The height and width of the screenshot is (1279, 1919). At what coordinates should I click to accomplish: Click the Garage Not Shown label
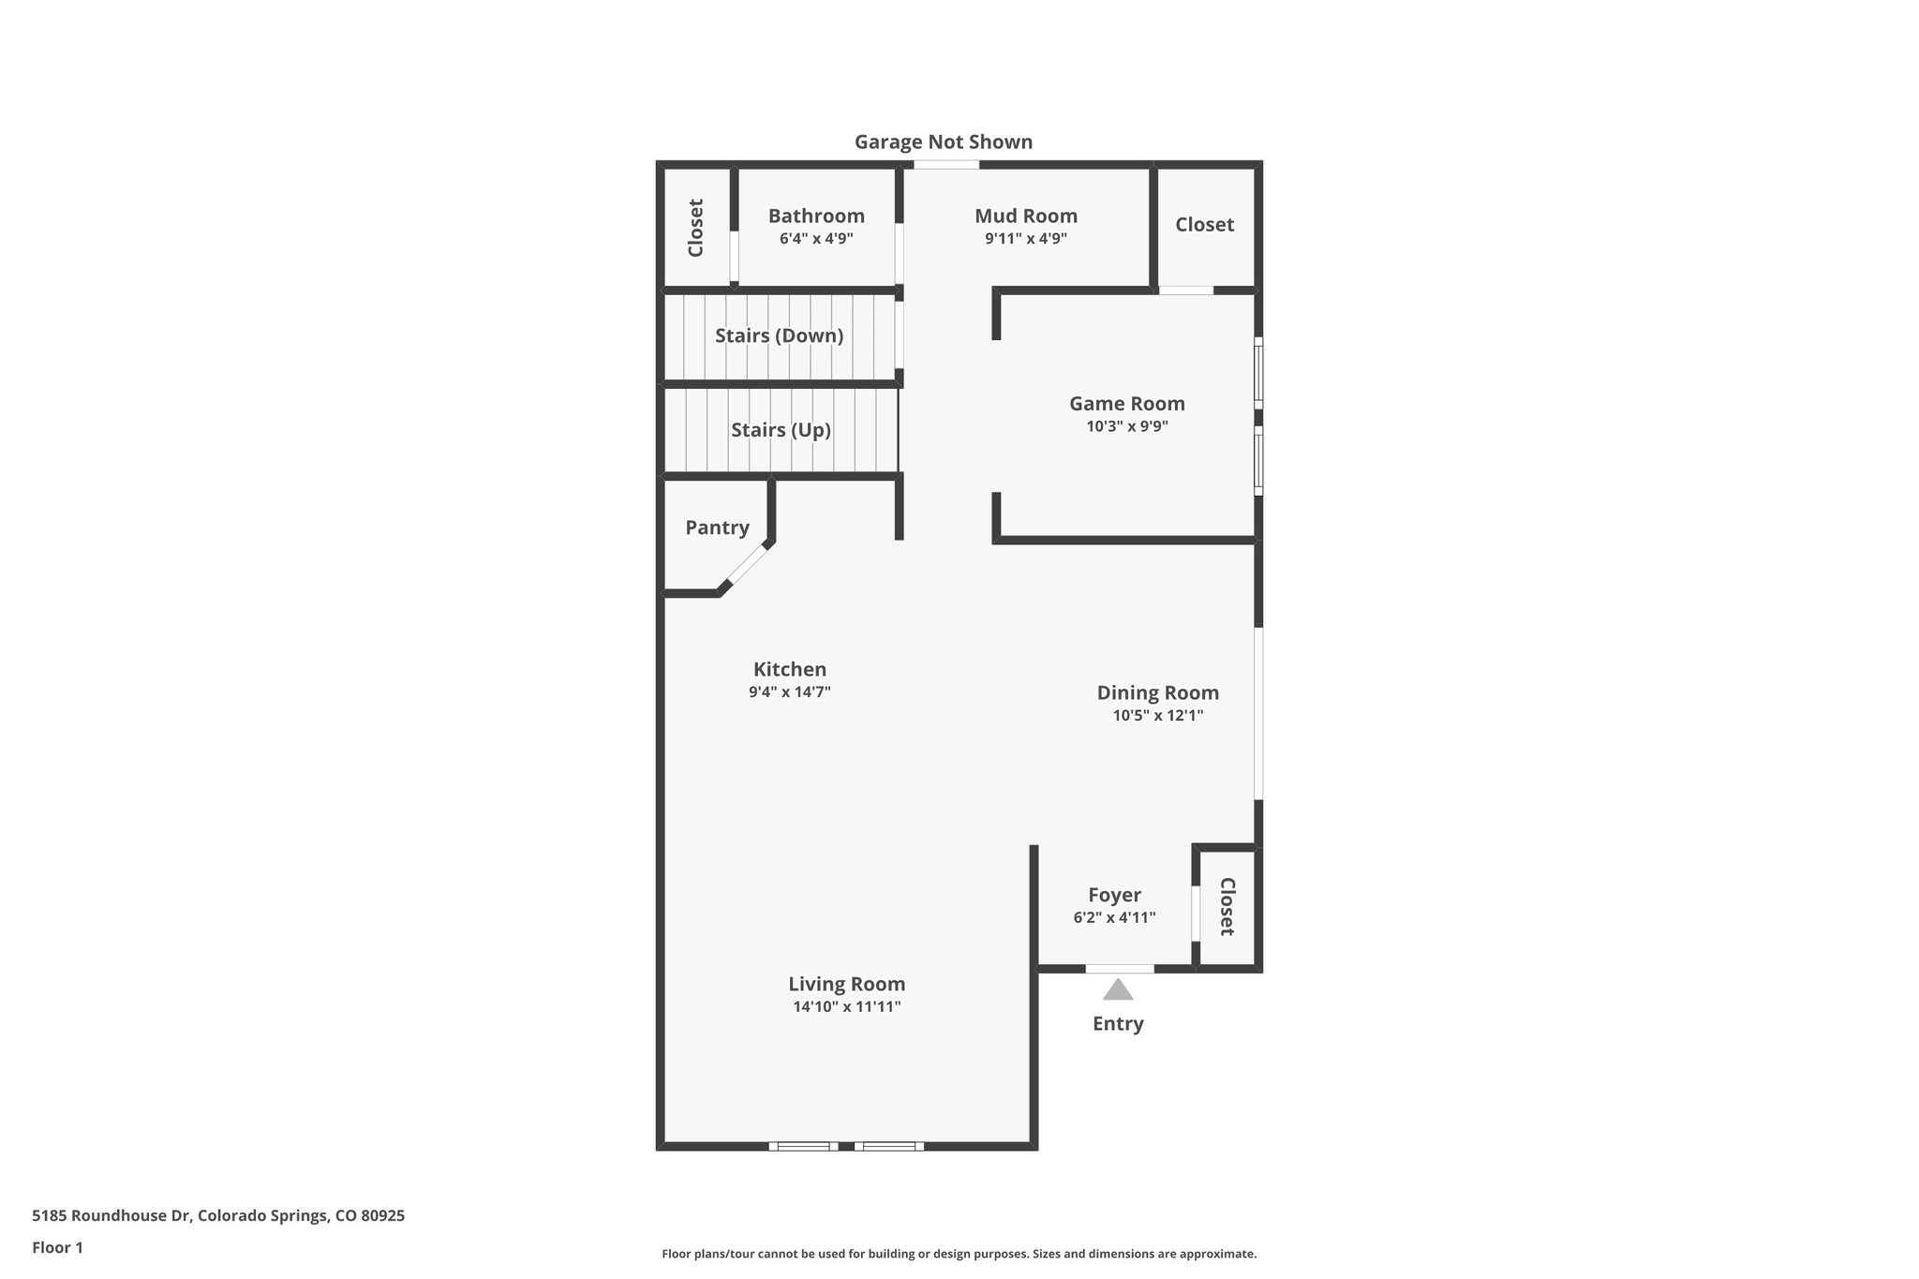(x=943, y=142)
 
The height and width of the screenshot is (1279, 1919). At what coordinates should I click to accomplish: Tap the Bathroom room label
(x=816, y=216)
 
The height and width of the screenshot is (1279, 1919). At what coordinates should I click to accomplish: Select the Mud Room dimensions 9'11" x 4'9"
(x=1025, y=239)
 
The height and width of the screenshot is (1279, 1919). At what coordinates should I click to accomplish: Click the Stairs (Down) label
(x=779, y=335)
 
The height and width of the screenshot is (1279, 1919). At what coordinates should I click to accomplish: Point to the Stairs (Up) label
(x=781, y=430)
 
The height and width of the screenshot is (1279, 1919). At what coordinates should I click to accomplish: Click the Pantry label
(x=717, y=528)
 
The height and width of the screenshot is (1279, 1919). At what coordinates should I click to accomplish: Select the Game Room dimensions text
(x=1126, y=426)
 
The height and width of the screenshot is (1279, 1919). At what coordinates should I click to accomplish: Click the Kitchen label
(x=790, y=670)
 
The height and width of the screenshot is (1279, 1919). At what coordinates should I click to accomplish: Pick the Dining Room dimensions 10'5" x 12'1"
(x=1157, y=716)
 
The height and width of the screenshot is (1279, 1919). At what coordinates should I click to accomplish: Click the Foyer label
(x=1114, y=895)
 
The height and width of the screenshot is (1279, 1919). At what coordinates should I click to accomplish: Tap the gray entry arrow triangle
(x=1118, y=990)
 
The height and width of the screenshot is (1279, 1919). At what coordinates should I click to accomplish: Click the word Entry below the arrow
(x=1118, y=1024)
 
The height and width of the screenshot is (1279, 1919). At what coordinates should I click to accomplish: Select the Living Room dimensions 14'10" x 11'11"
(x=846, y=1007)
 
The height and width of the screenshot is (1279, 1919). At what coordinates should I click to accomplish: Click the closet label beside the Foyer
(x=1227, y=906)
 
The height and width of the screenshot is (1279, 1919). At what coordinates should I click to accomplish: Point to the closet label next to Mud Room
(x=1204, y=225)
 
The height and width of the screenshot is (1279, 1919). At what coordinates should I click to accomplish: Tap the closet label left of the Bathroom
(x=695, y=228)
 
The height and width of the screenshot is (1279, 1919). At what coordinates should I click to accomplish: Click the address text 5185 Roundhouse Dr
(x=112, y=1216)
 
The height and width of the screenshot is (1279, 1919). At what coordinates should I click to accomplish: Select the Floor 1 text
(x=58, y=1247)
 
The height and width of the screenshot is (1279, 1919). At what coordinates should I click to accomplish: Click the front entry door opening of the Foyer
(x=1120, y=968)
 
